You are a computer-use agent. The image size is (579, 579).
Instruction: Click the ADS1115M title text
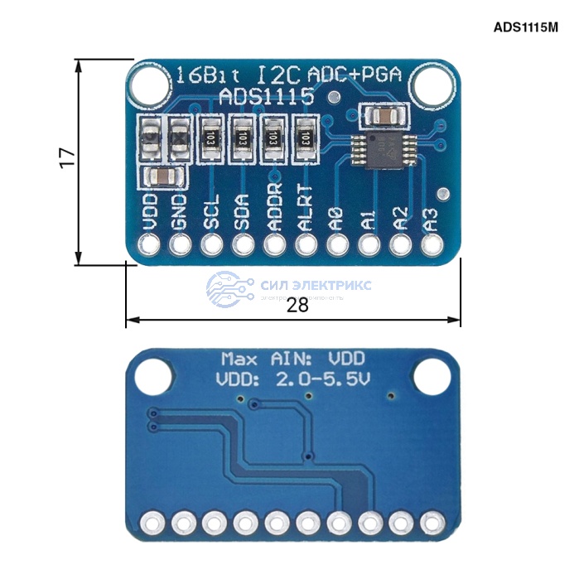click(525, 27)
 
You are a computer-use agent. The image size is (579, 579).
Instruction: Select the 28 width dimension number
click(297, 305)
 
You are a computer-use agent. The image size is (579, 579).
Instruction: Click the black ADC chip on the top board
click(377, 149)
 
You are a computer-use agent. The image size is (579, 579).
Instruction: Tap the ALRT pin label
click(306, 208)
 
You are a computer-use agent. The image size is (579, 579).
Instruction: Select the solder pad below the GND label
click(181, 245)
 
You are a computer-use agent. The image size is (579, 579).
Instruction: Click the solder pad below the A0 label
click(337, 245)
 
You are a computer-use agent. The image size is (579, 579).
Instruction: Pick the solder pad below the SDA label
click(244, 245)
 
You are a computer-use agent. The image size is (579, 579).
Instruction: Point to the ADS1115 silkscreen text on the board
click(266, 97)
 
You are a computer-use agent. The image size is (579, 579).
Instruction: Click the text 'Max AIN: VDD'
click(293, 359)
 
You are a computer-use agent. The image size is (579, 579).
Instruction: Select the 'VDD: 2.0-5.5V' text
click(292, 381)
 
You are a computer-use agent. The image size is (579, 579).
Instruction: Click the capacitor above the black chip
click(384, 114)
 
